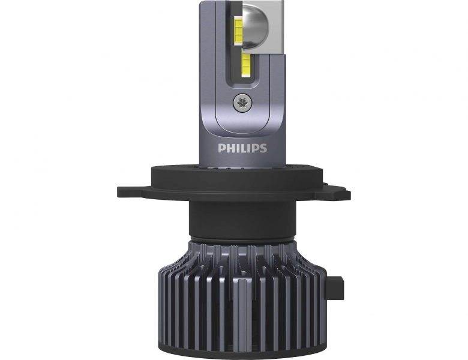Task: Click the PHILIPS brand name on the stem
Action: click(x=242, y=148)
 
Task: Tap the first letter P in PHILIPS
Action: click(x=221, y=148)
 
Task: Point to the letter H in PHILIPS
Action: click(x=230, y=148)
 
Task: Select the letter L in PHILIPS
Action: click(x=243, y=148)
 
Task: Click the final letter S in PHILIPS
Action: click(x=263, y=148)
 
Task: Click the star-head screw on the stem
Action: click(x=242, y=103)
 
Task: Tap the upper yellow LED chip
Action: click(x=238, y=31)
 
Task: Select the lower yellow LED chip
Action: click(x=246, y=64)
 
